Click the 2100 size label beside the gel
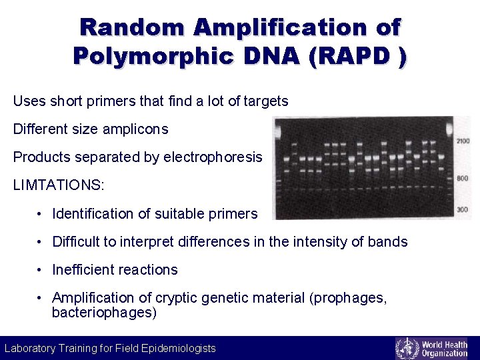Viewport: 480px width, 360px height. pyautogui.click(x=463, y=141)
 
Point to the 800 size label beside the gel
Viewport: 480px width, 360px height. pyautogui.click(x=462, y=179)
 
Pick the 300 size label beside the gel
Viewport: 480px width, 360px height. pyautogui.click(x=462, y=210)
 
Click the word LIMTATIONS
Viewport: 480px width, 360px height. pyautogui.click(x=59, y=185)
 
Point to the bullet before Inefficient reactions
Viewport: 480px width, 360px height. pyautogui.click(x=41, y=270)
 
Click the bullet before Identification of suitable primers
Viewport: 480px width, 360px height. pyautogui.click(x=41, y=214)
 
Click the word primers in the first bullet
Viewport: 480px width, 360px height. pyautogui.click(x=233, y=214)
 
